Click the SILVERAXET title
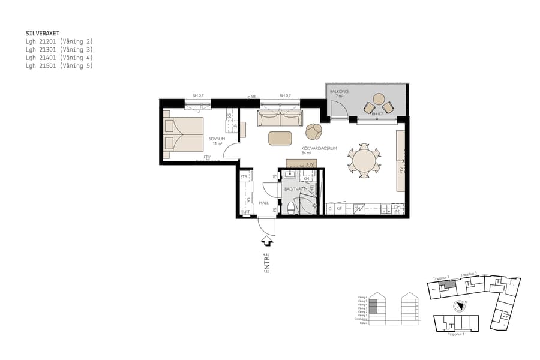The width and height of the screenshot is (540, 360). coord(43,34)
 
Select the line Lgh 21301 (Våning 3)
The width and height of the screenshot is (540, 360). coord(59,50)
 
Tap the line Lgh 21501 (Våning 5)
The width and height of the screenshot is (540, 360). coord(59,66)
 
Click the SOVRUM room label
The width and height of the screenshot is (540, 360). coord(216,139)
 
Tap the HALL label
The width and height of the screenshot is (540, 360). coord(263,203)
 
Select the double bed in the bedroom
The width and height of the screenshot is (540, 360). coord(184,134)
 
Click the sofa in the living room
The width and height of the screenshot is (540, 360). coord(280,118)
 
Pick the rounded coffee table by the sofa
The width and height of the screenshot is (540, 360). coord(280,138)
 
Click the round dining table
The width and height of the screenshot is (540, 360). coord(364,161)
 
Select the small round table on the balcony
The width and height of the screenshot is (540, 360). coord(379,99)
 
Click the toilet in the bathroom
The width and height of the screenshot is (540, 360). coord(291,207)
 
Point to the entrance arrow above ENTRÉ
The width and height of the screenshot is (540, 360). coord(266,241)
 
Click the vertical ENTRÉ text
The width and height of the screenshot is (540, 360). coord(267,263)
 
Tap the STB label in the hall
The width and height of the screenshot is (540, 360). coord(244,177)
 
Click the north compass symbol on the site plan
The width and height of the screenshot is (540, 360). coord(459,305)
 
